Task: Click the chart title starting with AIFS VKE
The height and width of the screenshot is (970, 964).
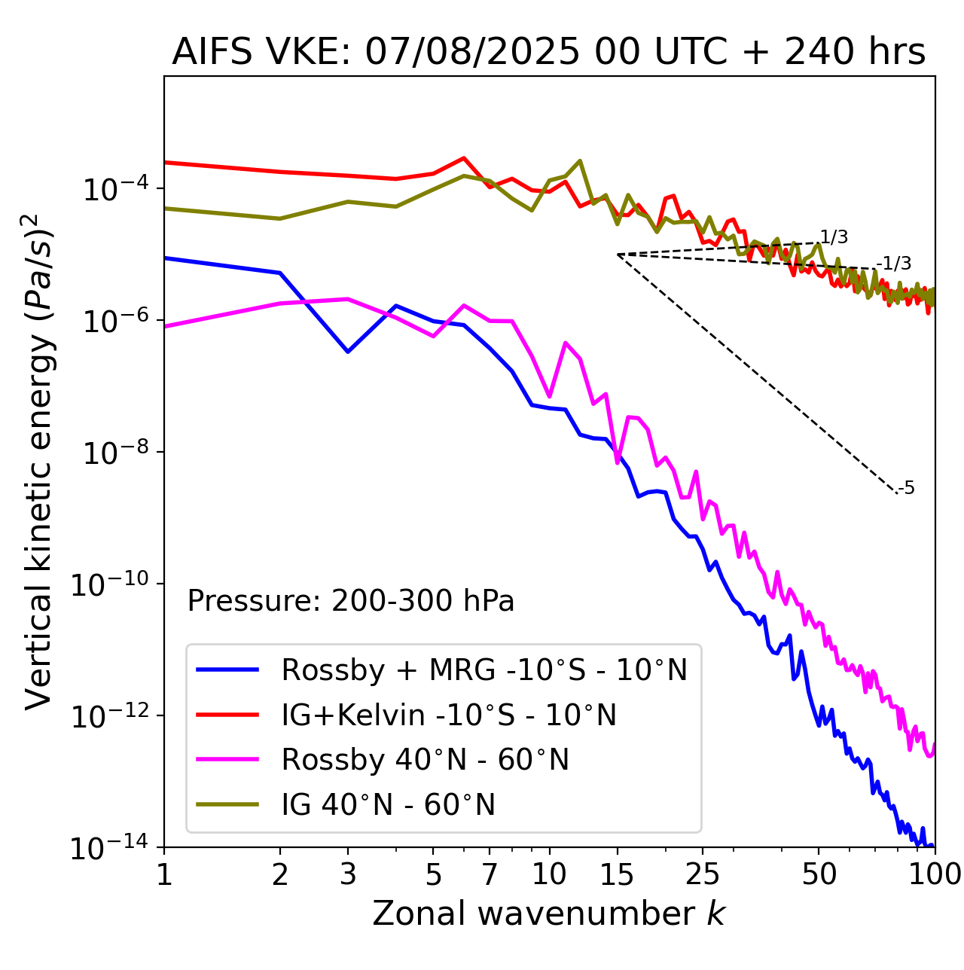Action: (548, 53)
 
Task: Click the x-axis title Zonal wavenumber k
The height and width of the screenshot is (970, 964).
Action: (548, 914)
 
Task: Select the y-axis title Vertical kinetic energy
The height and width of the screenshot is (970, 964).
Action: (40, 461)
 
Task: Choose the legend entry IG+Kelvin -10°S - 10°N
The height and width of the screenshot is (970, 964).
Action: (449, 715)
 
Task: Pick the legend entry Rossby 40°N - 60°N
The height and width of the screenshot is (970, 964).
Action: (425, 760)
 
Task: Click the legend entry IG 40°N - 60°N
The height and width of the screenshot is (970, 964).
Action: (388, 805)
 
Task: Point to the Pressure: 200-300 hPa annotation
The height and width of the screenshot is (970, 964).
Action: (351, 601)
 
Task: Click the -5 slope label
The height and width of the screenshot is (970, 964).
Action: (907, 488)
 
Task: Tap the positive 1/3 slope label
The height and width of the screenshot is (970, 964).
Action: (834, 237)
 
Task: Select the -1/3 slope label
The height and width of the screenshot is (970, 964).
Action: (895, 264)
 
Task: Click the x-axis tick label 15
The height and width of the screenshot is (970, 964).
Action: (617, 874)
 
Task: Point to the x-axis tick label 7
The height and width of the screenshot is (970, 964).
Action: (490, 874)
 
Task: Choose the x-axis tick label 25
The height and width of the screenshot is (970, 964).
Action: (702, 874)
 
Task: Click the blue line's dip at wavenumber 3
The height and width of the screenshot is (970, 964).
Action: (347, 352)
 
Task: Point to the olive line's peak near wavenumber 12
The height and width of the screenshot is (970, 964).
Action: (579, 160)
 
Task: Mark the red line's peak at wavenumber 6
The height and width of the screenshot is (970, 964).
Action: (464, 158)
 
